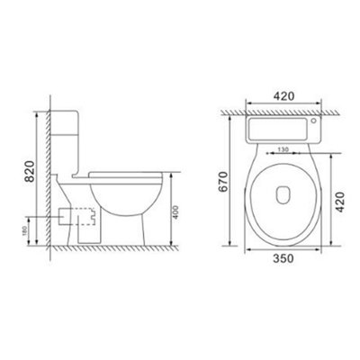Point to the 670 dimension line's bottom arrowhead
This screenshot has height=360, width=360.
coord(238,245)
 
